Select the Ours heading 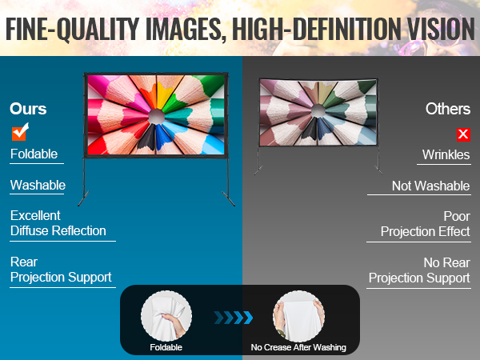28,108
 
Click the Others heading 448,108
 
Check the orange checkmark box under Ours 20,132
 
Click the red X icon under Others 462,134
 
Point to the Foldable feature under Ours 34,154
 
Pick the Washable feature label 38,186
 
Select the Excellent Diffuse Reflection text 58,223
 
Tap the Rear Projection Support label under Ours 60,270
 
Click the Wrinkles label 446,154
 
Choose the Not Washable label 430,186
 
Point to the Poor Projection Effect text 425,224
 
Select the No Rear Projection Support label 419,270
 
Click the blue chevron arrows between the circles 234,318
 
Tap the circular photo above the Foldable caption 166,315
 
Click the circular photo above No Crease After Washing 298,315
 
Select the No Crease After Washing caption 298,348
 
